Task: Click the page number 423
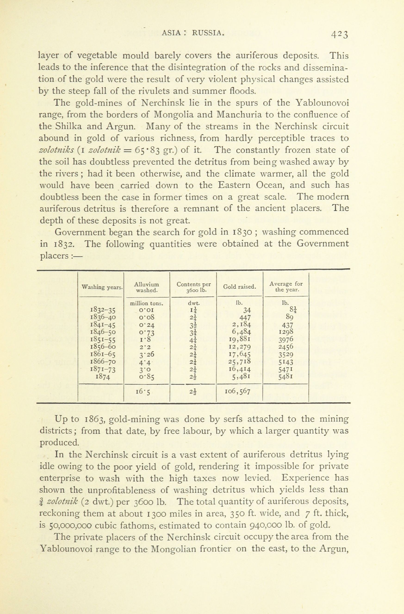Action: click(340, 34)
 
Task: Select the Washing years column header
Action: click(102, 287)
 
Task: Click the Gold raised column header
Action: click(239, 287)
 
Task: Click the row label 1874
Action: click(103, 377)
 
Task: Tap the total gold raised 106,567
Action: click(237, 392)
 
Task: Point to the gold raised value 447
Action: click(245, 317)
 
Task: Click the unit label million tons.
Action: click(146, 304)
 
